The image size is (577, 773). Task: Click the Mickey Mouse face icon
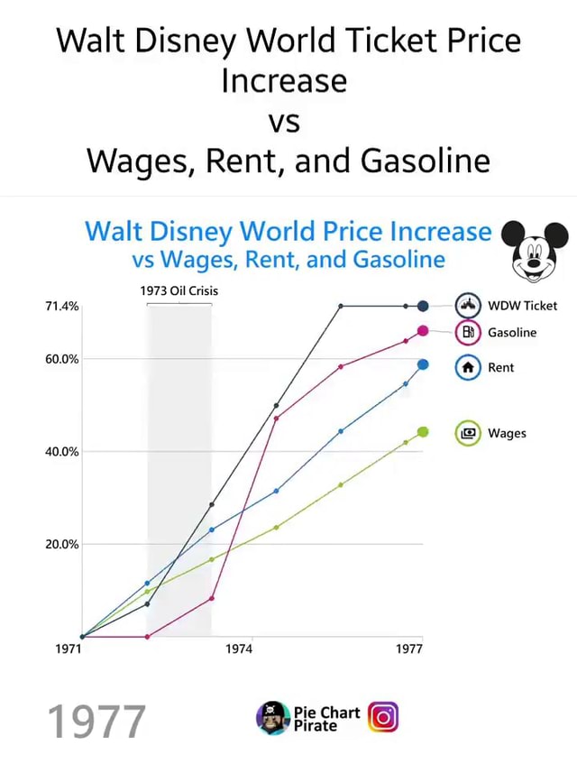click(x=534, y=250)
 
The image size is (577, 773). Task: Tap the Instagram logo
click(x=383, y=718)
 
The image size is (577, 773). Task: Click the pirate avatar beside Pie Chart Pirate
click(x=272, y=718)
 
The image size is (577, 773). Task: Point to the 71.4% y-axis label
click(x=61, y=306)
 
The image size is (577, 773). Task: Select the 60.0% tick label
click(x=61, y=359)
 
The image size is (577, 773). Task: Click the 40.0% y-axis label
click(x=61, y=451)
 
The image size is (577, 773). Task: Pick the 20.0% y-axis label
click(x=61, y=544)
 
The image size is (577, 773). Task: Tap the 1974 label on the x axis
click(x=239, y=649)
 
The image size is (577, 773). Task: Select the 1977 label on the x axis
click(x=409, y=649)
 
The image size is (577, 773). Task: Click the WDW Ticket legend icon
click(x=468, y=306)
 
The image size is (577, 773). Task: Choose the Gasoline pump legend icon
click(x=468, y=333)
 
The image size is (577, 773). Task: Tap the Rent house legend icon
click(x=468, y=367)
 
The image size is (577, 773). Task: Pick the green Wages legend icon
click(x=468, y=433)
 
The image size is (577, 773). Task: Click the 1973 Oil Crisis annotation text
click(x=179, y=290)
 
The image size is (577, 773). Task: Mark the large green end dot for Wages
click(x=423, y=432)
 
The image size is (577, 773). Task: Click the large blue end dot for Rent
click(x=423, y=364)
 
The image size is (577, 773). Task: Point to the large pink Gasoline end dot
click(x=423, y=331)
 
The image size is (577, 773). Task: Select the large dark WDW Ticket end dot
click(x=423, y=306)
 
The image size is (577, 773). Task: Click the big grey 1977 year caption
click(x=96, y=722)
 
